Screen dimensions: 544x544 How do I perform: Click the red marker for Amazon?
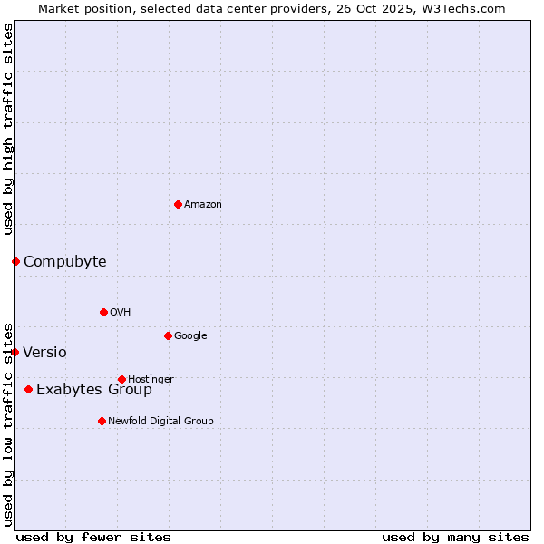178,204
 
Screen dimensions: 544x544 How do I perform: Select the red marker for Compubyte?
15,261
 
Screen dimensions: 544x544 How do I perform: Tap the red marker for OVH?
103,312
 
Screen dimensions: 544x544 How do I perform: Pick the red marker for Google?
168,335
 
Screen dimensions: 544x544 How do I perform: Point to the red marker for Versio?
15,352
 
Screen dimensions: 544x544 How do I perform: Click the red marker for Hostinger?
121,379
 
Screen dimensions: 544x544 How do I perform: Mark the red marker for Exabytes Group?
28,389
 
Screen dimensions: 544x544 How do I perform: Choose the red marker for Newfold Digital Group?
102,421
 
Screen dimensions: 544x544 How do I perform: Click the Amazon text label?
203,205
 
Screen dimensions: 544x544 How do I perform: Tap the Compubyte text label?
64,262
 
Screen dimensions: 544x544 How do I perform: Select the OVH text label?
121,313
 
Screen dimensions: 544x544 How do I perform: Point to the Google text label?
190,336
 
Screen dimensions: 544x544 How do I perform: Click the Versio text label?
44,353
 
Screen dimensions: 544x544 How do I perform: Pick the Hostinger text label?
151,379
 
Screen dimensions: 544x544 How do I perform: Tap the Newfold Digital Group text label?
160,421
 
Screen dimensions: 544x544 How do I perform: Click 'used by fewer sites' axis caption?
93,537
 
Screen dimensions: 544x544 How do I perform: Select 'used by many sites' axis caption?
455,537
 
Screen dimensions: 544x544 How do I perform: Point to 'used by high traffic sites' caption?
8,129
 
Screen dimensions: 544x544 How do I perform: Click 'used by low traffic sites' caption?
8,423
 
